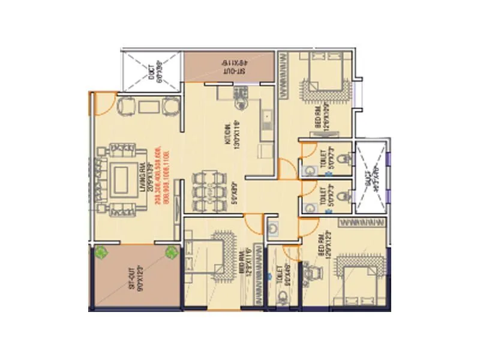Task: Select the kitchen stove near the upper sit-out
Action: [x=240, y=94]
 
